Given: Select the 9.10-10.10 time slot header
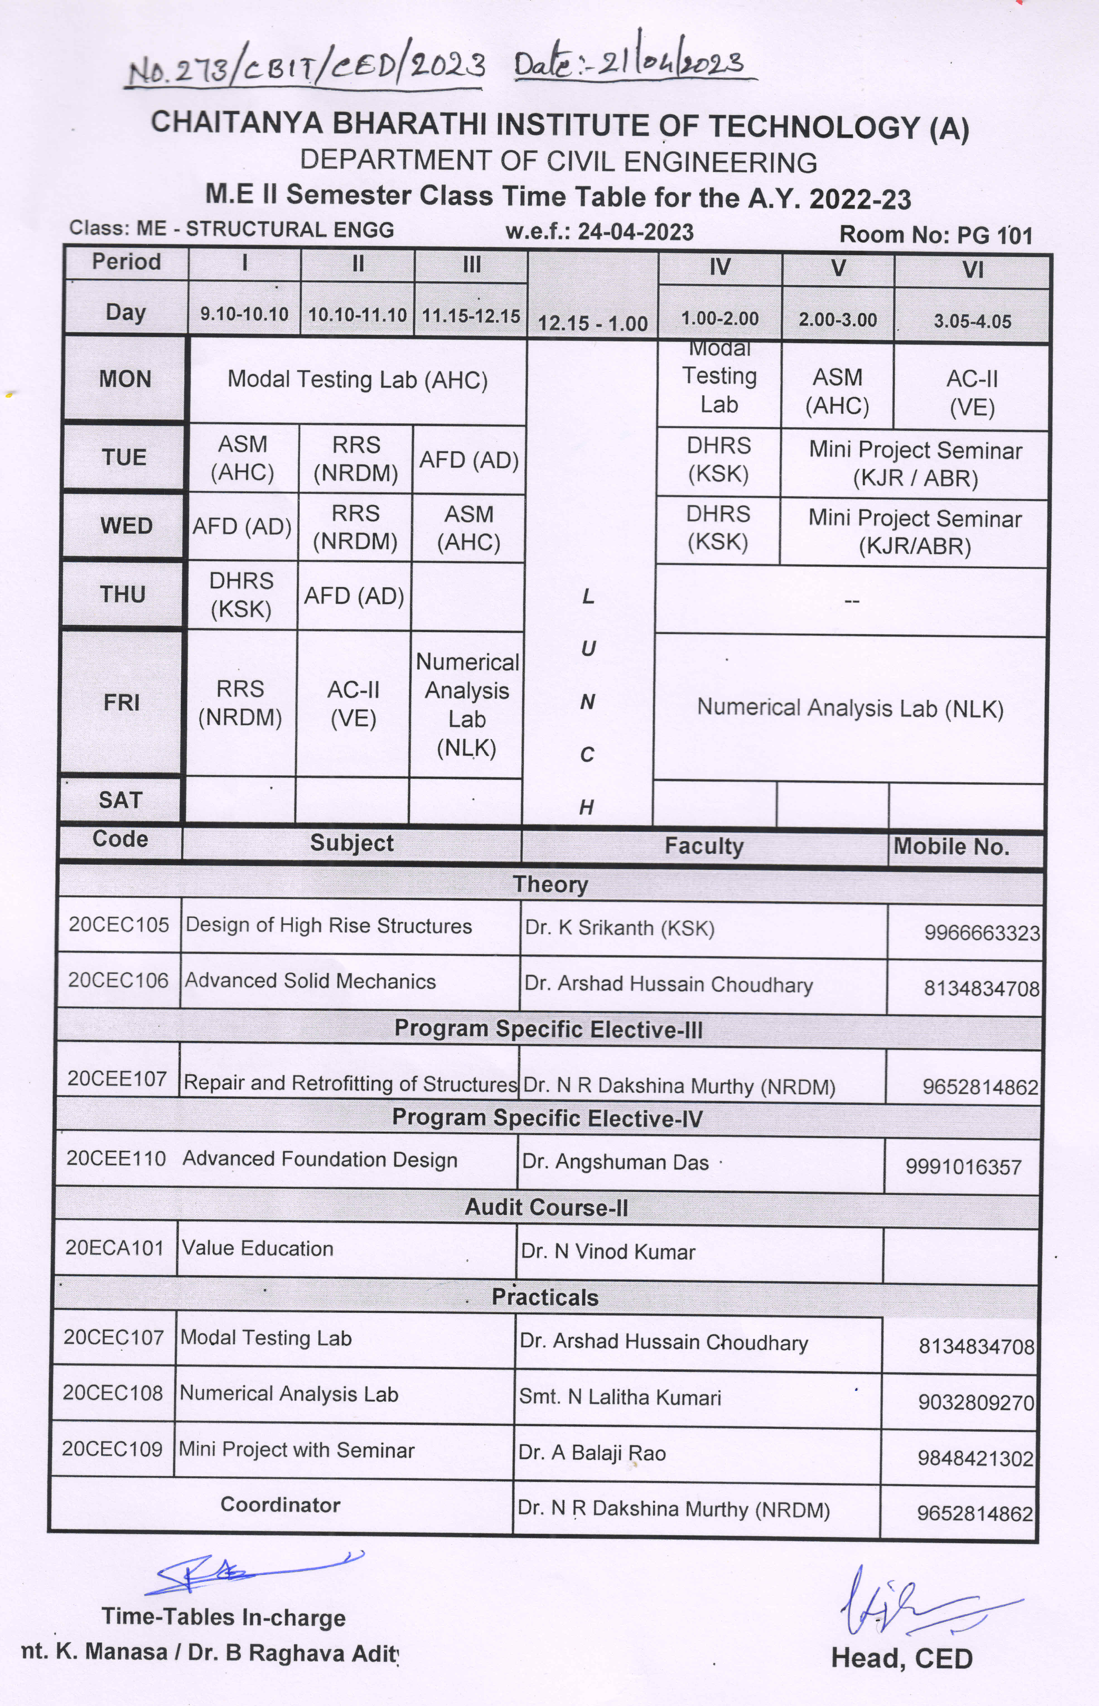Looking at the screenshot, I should coord(244,314).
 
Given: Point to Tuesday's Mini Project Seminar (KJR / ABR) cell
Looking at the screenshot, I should coord(915,464).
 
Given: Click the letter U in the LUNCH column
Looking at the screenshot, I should coord(588,648).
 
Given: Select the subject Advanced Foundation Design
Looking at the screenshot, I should coord(320,1160).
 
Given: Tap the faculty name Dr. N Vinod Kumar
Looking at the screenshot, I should coord(608,1252).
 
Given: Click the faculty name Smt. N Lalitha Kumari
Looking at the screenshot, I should coord(619,1397).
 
